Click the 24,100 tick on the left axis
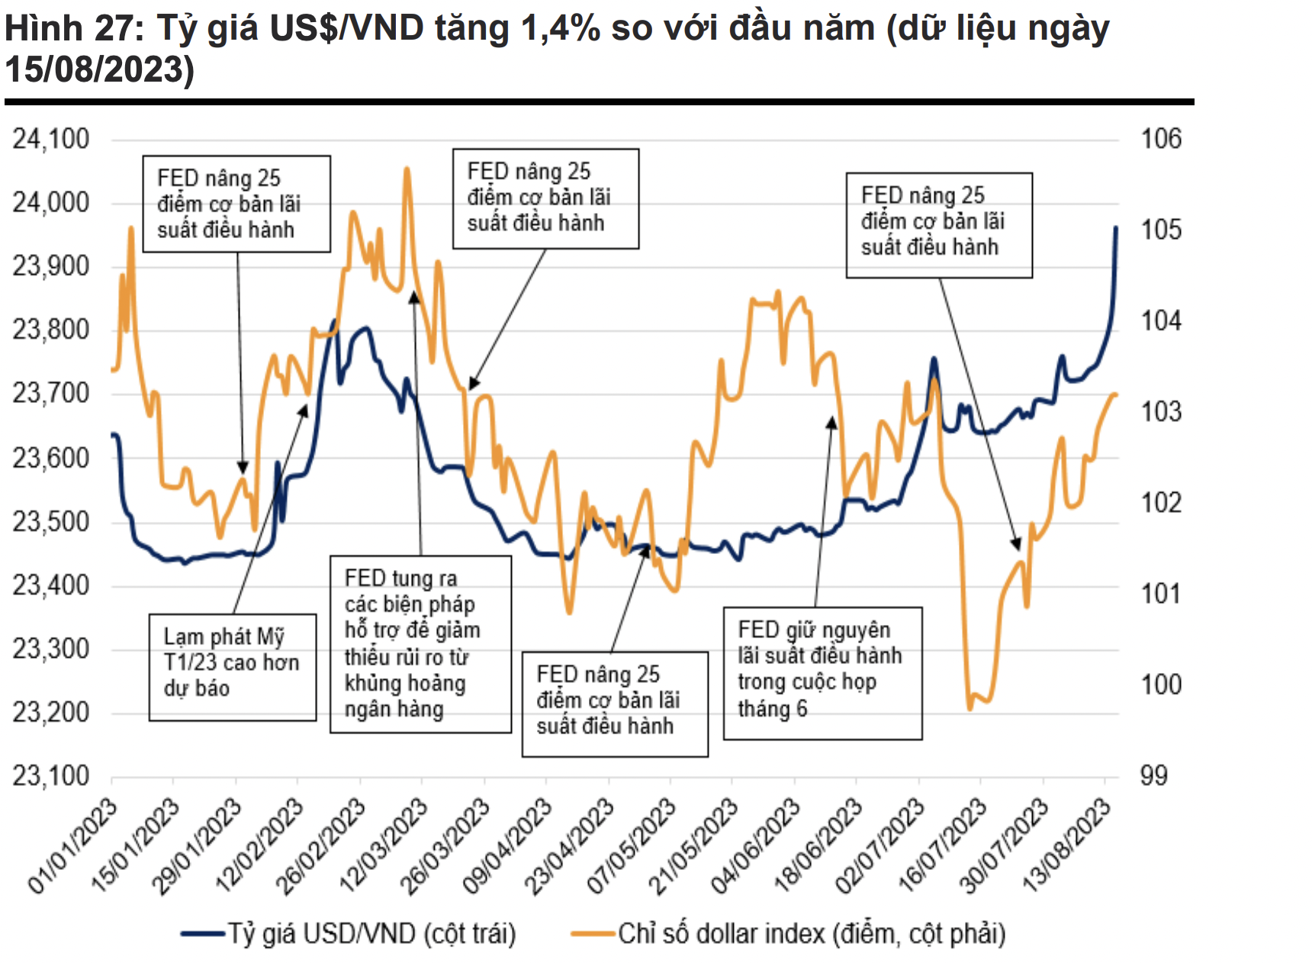[50, 140]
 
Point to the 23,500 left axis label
[50, 522]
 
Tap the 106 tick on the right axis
[1160, 139]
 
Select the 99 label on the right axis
[1153, 776]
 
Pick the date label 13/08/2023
[1067, 845]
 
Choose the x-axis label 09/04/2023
[508, 845]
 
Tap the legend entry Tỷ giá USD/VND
[371, 933]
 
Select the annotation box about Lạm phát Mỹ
[232, 667]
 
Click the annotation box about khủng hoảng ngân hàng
[420, 644]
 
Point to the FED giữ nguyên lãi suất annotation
[822, 673]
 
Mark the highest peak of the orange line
[407, 169]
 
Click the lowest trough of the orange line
[970, 708]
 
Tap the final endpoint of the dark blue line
[1116, 227]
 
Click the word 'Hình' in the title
[43, 29]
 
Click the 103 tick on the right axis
[1160, 412]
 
